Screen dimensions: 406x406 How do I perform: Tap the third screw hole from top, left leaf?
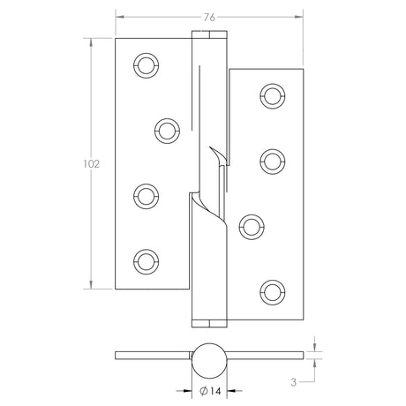pyautogui.click(x=144, y=193)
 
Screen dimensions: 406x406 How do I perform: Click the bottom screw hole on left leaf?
pyautogui.click(x=144, y=259)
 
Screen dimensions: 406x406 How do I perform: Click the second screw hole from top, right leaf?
pyautogui.click(x=273, y=159)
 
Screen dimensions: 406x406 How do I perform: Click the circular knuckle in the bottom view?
pyautogui.click(x=209, y=356)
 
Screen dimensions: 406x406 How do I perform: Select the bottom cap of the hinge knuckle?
pyautogui.click(x=209, y=319)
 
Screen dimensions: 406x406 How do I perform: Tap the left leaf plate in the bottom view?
pyautogui.click(x=153, y=356)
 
